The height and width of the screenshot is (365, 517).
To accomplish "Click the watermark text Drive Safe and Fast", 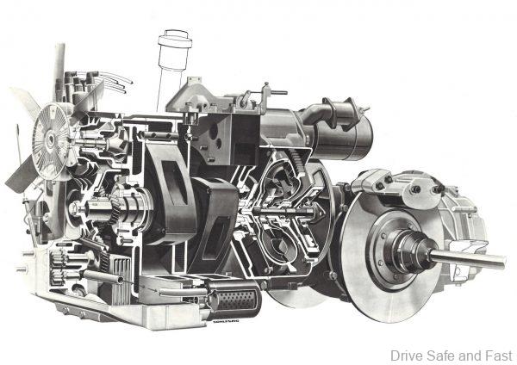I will [x=451, y=355].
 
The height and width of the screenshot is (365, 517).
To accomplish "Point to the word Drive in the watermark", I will [x=407, y=355].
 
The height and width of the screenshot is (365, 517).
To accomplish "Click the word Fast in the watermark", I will [x=499, y=355].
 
